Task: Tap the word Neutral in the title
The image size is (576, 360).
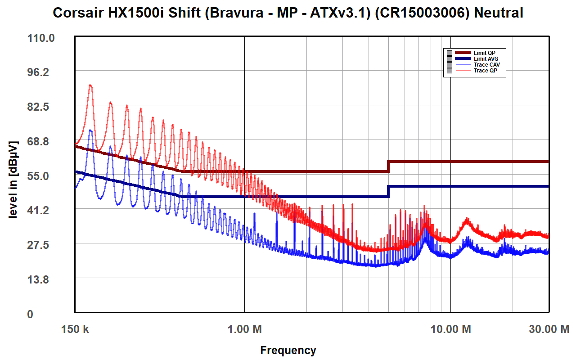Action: pos(499,13)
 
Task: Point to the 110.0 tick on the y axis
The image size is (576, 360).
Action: pos(41,38)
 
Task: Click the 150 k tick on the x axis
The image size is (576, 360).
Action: pos(75,329)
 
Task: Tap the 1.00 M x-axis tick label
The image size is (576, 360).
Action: pos(244,329)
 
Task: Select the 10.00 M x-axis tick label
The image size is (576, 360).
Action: pos(450,329)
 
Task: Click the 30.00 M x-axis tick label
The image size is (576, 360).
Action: pos(549,329)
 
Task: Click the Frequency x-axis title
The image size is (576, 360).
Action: pos(288,350)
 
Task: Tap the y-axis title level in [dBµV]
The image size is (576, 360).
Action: pos(13,179)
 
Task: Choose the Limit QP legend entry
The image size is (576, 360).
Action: pos(484,53)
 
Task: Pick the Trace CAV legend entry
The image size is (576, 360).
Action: pos(486,65)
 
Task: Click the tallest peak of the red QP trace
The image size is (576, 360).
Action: pos(90,85)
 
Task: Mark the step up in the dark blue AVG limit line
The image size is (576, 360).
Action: pos(388,191)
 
